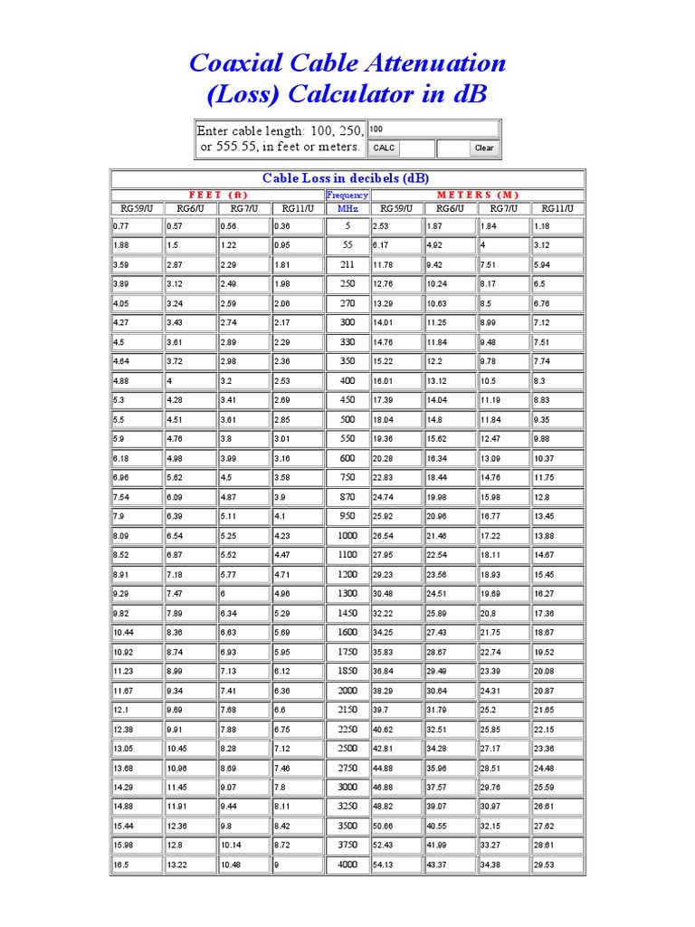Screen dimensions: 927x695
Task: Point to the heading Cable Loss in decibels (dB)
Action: [x=347, y=177]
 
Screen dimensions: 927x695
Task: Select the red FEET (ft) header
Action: [x=217, y=195]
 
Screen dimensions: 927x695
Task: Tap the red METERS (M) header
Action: [x=478, y=195]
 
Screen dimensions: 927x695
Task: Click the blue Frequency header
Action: [x=347, y=195]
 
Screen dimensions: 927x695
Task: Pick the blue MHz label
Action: [x=347, y=208]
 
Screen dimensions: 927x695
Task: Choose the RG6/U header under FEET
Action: [x=190, y=208]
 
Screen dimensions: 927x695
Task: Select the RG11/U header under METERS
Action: [x=557, y=208]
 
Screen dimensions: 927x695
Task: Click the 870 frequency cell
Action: [x=347, y=496]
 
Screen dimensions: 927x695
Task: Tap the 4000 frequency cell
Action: [x=347, y=865]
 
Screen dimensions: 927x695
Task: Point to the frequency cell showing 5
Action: [x=347, y=225]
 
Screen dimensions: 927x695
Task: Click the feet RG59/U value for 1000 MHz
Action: [x=137, y=535]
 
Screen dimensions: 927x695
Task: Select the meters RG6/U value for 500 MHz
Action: [x=450, y=419]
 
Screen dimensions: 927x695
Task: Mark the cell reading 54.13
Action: [x=396, y=865]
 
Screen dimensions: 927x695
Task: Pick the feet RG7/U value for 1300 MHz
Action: [x=243, y=593]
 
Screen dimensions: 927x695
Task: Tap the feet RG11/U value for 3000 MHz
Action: [x=297, y=787]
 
